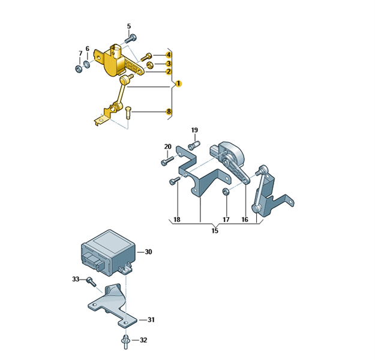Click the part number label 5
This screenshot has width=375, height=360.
128,26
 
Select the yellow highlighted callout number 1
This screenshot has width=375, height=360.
179,83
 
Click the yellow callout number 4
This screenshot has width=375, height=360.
169,55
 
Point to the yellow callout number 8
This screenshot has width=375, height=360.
169,112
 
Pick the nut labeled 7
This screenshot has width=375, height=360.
79,69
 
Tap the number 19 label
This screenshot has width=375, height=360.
194,130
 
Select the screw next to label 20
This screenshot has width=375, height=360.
167,161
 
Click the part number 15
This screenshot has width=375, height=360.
215,230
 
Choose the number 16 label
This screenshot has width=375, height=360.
245,220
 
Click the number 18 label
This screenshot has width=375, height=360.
176,220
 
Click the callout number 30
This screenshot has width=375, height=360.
148,252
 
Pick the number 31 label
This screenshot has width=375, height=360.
151,320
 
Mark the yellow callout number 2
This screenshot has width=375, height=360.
169,71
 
